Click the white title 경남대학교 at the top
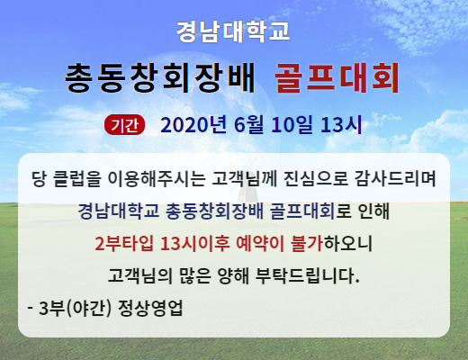point(233,31)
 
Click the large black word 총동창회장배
point(159,77)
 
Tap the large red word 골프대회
point(337,78)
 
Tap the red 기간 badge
point(124,125)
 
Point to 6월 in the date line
point(248,124)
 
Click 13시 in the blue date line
point(341,124)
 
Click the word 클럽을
point(76,179)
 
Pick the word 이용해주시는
point(157,179)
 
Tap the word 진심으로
point(316,179)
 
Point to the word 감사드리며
point(395,179)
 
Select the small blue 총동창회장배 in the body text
point(214,211)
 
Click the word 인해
point(373,211)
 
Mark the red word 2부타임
point(124,243)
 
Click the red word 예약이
point(260,243)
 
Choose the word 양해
point(233,275)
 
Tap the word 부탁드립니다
point(308,275)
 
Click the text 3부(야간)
point(75,308)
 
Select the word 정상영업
point(150,308)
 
